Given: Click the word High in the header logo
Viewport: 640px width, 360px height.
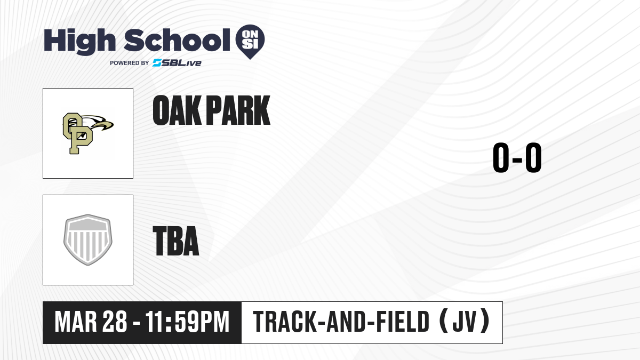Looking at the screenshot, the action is coord(79,41).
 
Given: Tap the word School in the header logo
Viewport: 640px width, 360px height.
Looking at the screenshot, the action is coord(177,40).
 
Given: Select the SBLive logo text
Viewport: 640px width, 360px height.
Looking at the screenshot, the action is coord(177,63).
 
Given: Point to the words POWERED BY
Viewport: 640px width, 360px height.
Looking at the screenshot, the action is coord(130,63).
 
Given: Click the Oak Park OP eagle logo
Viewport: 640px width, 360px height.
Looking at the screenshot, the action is coord(88,133).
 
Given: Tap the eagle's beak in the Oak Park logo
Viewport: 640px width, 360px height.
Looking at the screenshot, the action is coord(108,126).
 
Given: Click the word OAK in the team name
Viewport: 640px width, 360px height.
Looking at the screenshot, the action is coord(177,110).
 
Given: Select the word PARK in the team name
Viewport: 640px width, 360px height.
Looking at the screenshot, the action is coord(238,110).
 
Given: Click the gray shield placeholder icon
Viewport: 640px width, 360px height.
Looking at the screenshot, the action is coord(88,240).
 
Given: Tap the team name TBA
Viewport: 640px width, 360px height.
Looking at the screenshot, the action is coord(176,241).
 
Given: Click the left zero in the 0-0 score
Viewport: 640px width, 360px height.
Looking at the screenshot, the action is coord(501,157).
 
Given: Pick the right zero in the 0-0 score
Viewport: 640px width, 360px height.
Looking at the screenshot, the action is coord(533,157).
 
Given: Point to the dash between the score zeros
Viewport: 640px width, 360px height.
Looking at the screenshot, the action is coord(517,159).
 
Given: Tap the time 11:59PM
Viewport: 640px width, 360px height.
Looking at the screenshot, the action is coord(187,322).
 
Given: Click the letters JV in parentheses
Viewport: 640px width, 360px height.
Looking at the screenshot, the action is coord(465,322).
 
